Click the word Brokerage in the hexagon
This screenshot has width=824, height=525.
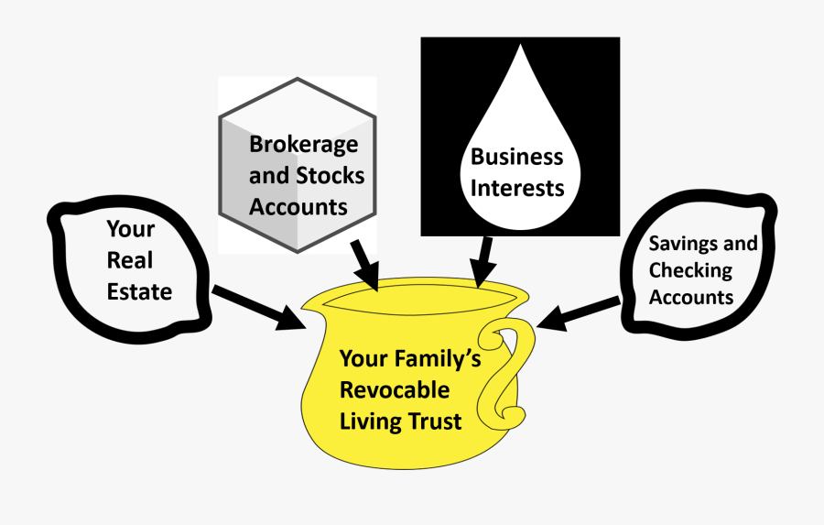[303, 145]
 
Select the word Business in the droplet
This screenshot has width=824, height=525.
[516, 157]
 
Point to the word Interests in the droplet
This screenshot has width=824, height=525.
[516, 188]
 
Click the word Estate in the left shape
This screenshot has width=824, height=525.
[139, 291]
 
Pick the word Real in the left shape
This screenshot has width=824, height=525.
[130, 260]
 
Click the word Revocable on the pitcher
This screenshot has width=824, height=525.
[395, 389]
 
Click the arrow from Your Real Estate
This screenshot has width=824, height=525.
[260, 308]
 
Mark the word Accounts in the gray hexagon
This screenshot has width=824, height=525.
[298, 206]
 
